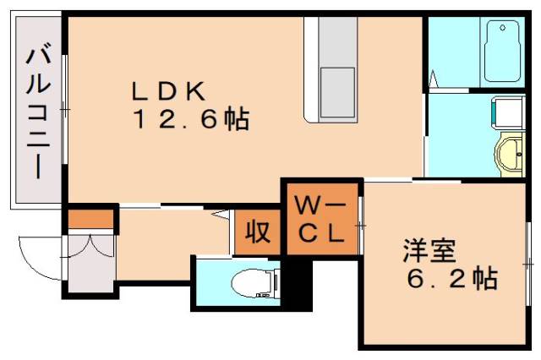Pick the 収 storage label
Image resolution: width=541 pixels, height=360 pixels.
[256, 230]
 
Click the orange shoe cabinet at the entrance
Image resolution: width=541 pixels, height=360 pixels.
[90, 218]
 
